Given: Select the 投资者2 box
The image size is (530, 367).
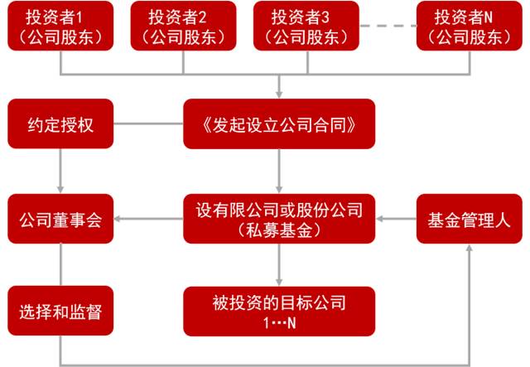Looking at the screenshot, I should (x=176, y=27).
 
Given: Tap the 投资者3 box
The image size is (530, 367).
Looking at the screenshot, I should (x=305, y=27).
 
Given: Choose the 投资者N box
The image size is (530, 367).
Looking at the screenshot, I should (x=469, y=27).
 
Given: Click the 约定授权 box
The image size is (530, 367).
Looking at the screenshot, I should (x=60, y=125).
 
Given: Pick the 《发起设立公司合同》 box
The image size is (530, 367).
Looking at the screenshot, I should (x=279, y=125).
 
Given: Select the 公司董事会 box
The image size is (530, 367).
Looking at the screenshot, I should (x=60, y=219).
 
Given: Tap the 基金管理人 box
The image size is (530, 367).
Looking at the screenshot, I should (x=469, y=219).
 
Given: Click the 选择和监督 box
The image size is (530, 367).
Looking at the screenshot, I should (x=60, y=311).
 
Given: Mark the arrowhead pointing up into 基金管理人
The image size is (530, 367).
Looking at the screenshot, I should (x=470, y=250).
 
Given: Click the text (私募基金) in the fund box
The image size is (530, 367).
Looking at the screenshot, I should (x=279, y=229).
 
